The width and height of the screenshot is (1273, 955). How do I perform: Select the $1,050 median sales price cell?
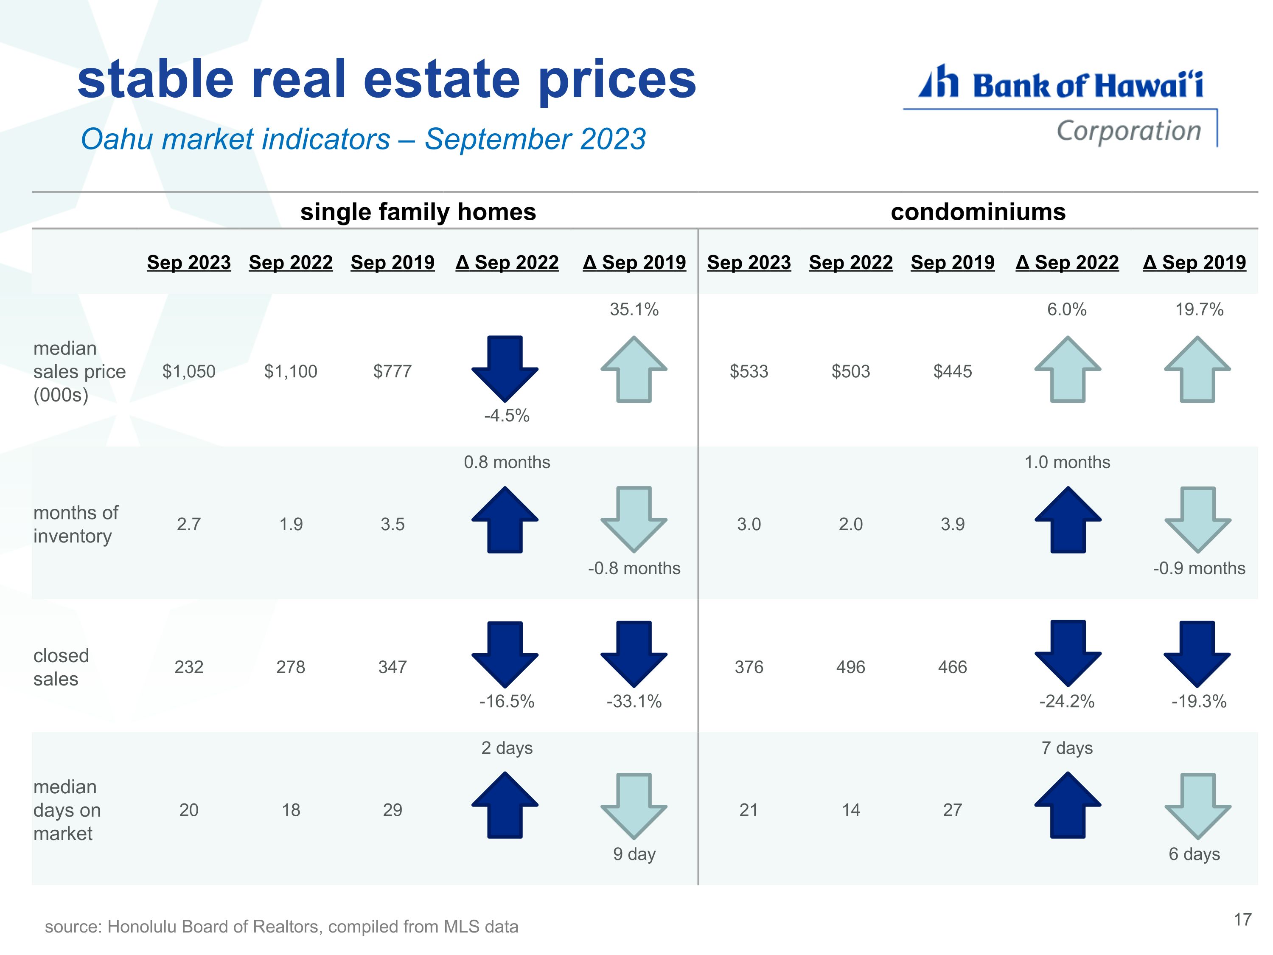tap(189, 371)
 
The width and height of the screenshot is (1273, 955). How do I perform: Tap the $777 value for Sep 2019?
tap(393, 371)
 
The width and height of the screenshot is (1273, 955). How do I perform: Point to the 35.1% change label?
tap(634, 310)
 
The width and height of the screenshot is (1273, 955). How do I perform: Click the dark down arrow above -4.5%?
tap(505, 368)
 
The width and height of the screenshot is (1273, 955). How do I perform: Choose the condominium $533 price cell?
tap(749, 371)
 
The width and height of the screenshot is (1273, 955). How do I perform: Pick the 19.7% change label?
tap(1199, 310)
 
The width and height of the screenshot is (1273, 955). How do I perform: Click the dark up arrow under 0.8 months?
tap(505, 520)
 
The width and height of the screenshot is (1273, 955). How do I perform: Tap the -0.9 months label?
tap(1199, 568)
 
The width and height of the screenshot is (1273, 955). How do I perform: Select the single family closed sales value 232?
tap(189, 667)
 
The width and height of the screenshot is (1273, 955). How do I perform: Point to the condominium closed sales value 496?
tap(851, 667)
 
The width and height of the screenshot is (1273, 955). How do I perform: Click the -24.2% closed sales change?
tap(1067, 701)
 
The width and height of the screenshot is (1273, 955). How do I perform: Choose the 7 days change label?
tap(1067, 748)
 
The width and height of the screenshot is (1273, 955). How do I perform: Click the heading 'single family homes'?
tap(418, 212)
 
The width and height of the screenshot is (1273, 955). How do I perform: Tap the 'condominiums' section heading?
tap(979, 212)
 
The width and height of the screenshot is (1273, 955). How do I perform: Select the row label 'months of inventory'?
tap(76, 524)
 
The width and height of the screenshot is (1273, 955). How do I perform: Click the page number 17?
tap(1242, 919)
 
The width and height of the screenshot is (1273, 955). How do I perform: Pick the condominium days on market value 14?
tap(851, 810)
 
